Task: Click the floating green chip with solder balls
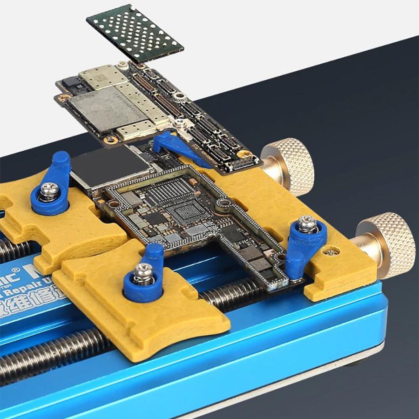click(135, 34)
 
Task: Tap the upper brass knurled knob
click(289, 165)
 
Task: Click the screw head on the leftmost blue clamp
click(49, 190)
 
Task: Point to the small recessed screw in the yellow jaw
click(331, 252)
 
